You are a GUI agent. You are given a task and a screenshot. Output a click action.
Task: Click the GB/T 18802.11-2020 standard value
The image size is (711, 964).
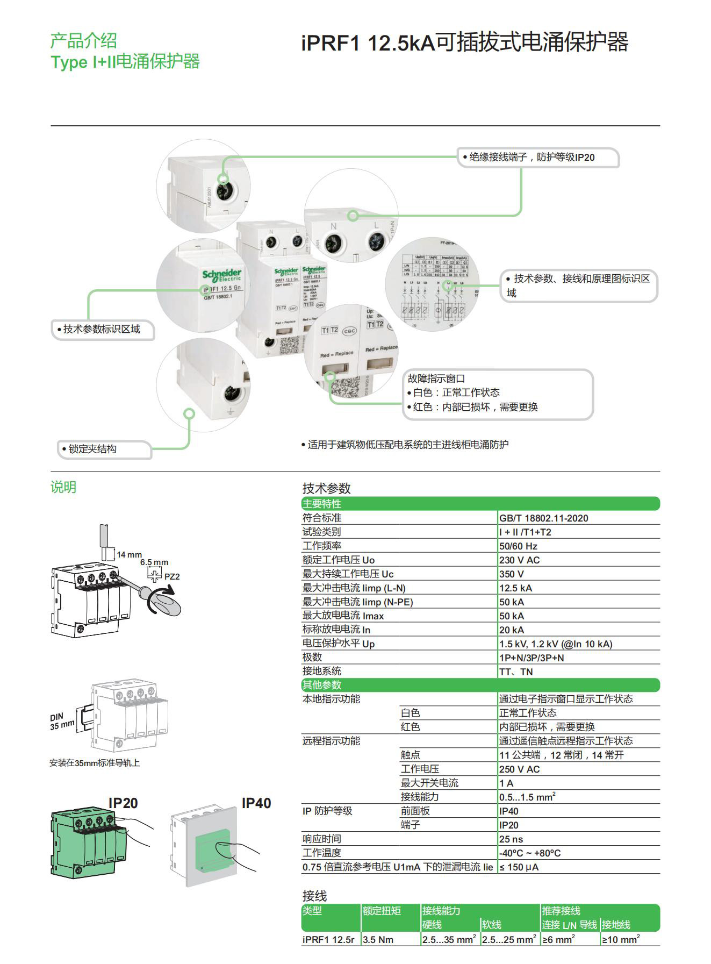coord(543,518)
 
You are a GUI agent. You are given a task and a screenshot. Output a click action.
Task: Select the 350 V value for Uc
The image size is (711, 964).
coord(511,574)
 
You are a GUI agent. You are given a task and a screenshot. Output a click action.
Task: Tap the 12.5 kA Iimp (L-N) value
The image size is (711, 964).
coord(515,588)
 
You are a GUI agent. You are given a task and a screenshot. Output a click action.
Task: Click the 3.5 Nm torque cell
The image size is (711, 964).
coord(378,940)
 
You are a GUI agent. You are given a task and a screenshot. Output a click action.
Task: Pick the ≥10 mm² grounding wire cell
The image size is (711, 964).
coord(620,940)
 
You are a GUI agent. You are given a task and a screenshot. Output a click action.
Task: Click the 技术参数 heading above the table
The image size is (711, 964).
coord(326,488)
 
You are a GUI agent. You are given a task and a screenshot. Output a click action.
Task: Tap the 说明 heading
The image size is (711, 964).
coord(63,487)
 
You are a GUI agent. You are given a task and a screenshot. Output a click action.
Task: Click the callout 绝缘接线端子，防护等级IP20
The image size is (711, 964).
coord(532,158)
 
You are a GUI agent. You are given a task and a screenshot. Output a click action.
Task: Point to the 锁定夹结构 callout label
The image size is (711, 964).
coord(92,449)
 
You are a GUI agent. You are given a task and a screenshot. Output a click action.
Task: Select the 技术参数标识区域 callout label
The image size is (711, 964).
coord(102,329)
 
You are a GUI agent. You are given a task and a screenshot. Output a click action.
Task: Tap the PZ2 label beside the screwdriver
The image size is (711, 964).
coord(172,577)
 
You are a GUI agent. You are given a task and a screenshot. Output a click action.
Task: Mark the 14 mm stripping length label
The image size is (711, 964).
coord(129,554)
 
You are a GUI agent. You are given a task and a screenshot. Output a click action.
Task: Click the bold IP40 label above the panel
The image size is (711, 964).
coord(256,803)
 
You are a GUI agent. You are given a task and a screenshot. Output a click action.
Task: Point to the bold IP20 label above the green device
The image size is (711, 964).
coord(123,803)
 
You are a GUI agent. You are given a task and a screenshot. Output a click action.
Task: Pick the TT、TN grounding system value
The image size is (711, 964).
coord(516,672)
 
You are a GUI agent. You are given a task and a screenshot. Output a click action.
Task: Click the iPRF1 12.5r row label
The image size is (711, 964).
coord(328,940)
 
